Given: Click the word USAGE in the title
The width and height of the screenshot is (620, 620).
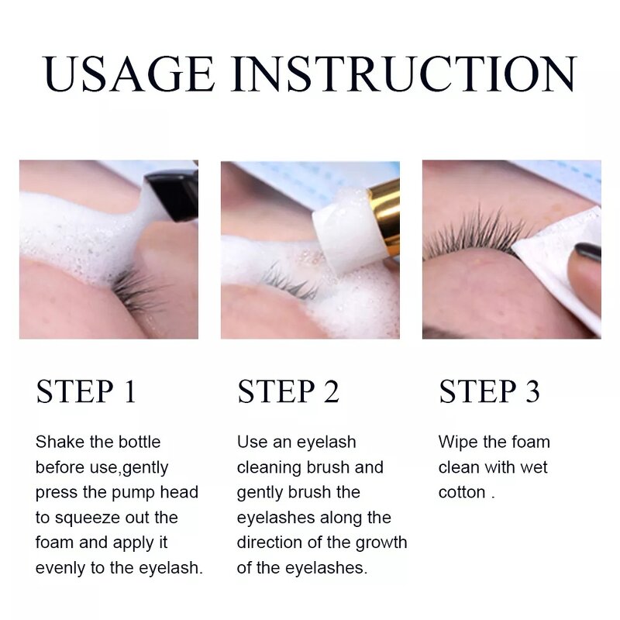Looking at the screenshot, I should (x=129, y=74).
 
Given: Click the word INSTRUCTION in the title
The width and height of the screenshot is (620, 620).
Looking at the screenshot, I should (x=403, y=74).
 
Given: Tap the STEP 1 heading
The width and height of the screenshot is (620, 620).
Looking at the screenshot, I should (x=86, y=392).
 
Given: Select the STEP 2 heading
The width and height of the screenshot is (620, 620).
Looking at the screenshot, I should (x=288, y=392).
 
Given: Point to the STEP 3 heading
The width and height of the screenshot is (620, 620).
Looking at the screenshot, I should (x=489, y=392).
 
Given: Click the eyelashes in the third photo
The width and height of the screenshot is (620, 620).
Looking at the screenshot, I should (x=473, y=229).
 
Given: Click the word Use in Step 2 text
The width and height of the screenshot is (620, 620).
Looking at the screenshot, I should (x=252, y=443).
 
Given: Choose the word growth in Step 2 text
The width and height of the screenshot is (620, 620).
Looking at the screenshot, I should (x=384, y=542).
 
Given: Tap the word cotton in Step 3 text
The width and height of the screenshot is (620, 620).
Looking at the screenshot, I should (x=462, y=492).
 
